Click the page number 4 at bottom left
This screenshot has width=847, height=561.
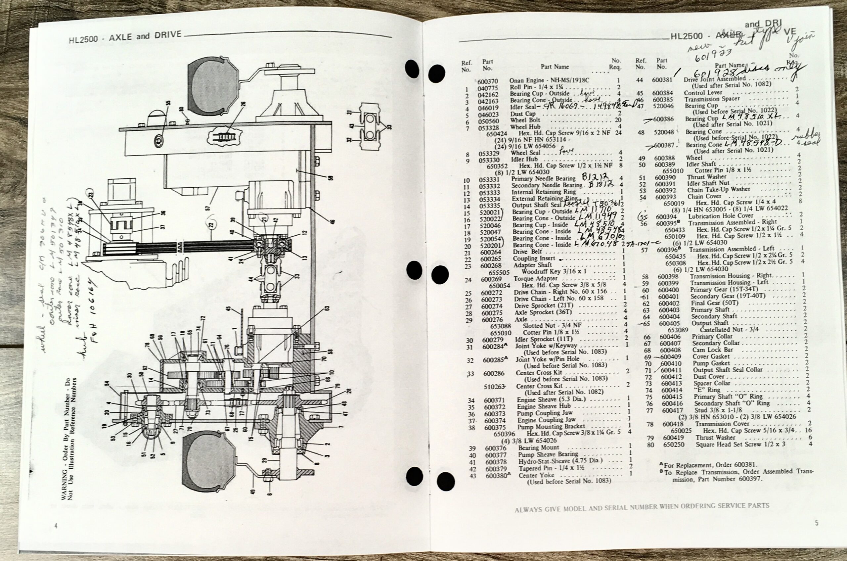[56, 526]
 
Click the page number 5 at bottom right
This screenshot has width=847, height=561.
[817, 523]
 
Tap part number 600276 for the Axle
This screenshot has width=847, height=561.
[492, 319]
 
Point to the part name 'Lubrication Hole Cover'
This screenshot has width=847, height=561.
[721, 216]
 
